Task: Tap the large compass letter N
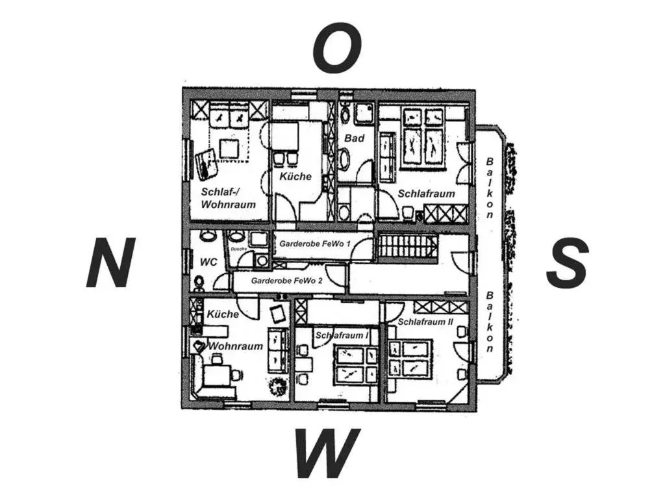(x=111, y=262)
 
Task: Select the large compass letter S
(x=567, y=262)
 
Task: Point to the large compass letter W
(x=327, y=452)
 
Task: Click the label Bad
(x=354, y=138)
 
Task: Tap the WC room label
(x=208, y=262)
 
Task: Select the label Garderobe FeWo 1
(x=315, y=244)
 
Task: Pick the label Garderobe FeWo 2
(x=286, y=281)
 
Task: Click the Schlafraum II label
(x=425, y=322)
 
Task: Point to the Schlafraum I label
(x=342, y=335)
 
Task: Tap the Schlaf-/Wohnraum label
(x=228, y=198)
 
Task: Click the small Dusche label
(x=238, y=249)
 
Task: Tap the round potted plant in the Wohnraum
(x=278, y=386)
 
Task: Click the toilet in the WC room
(x=199, y=283)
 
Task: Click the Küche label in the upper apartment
(x=295, y=176)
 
